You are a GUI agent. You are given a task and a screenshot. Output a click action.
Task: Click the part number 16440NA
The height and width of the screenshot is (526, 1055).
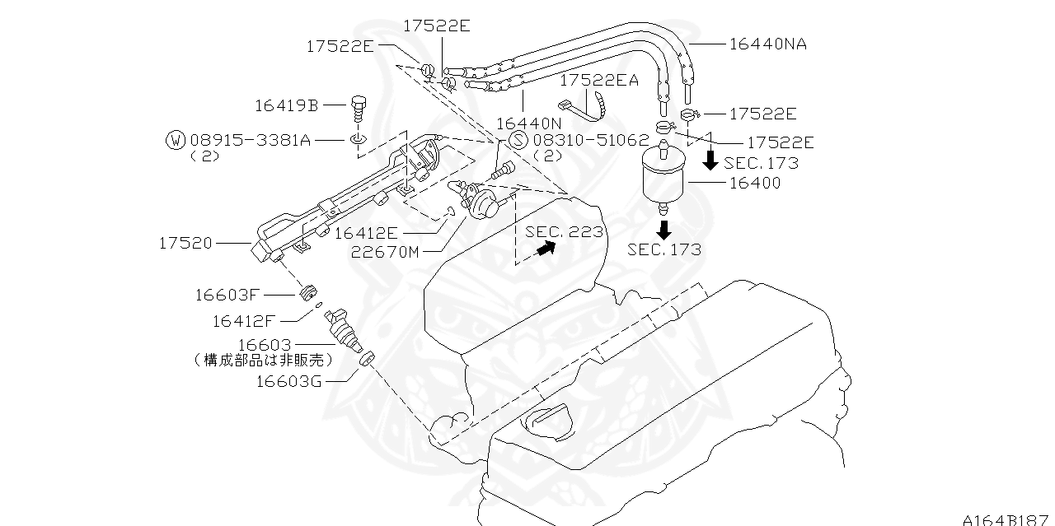[x=767, y=44]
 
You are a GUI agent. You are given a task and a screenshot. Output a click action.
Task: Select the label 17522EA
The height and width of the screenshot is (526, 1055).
[x=599, y=80]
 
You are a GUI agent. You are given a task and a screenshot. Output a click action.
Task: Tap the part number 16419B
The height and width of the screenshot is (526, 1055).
[x=286, y=105]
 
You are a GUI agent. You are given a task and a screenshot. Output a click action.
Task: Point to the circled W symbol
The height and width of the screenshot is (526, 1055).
[x=176, y=140]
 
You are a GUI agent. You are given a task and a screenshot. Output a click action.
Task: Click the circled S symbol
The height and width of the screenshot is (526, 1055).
[x=518, y=140]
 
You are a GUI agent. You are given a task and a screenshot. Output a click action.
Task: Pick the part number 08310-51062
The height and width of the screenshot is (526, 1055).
[x=590, y=141]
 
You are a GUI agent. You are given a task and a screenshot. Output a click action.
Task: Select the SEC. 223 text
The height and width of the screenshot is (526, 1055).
[x=565, y=232]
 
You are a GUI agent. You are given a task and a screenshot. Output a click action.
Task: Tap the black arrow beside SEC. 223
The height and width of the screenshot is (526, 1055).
[x=543, y=249]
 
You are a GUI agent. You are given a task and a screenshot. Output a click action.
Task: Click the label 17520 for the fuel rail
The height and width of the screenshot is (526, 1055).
[x=185, y=243]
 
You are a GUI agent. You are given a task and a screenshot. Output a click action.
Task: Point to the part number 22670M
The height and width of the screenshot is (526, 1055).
[x=385, y=252]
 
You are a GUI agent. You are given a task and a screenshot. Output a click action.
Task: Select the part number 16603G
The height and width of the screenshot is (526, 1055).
[x=288, y=380]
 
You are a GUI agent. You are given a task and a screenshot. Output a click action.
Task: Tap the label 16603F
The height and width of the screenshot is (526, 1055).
[x=227, y=294]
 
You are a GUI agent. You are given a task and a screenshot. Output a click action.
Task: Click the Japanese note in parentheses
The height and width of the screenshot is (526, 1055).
[x=264, y=360]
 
